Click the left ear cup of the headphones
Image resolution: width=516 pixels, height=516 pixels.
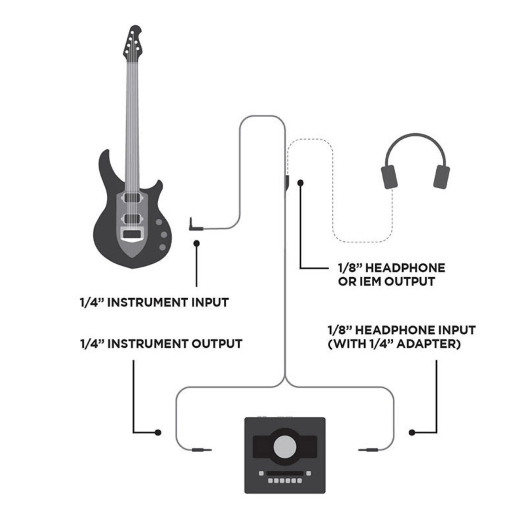[x=389, y=177]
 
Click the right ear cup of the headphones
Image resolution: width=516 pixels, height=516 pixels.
[x=441, y=177]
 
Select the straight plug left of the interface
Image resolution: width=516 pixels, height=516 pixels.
[x=201, y=449]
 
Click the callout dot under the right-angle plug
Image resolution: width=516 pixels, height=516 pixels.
[x=196, y=244]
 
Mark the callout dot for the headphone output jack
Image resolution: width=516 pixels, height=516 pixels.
[x=301, y=183]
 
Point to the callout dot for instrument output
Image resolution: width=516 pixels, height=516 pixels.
[x=158, y=432]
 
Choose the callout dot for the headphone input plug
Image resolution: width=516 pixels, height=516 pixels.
[x=412, y=432]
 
